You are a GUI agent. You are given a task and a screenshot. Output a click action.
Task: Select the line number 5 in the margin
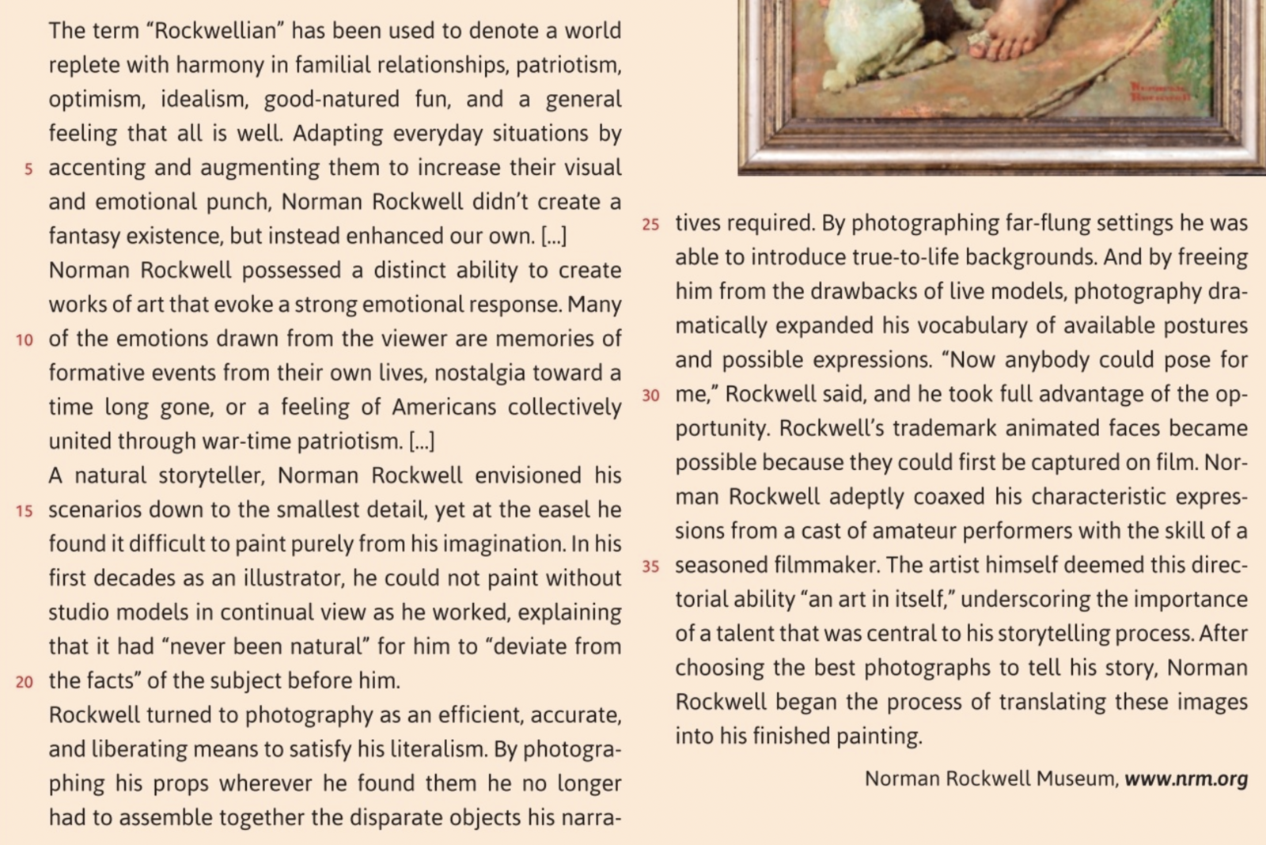pyautogui.click(x=28, y=169)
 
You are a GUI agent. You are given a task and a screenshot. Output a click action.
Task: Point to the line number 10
pyautogui.click(x=25, y=340)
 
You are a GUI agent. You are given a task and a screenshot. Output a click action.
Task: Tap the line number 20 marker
pyautogui.click(x=25, y=682)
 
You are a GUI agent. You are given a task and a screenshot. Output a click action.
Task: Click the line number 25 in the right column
pyautogui.click(x=650, y=225)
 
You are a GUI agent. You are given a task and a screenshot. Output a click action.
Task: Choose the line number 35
pyautogui.click(x=650, y=566)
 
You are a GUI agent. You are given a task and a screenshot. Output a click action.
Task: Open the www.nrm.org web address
pyautogui.click(x=1186, y=779)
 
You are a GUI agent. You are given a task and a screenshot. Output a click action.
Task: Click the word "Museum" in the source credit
pyautogui.click(x=1077, y=779)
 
